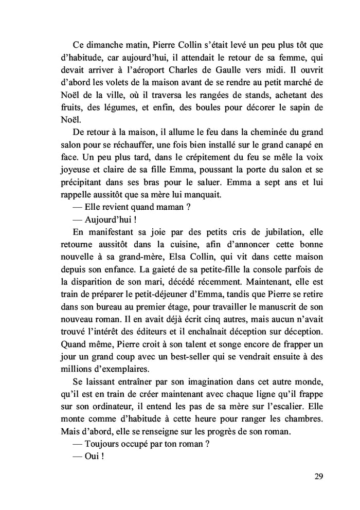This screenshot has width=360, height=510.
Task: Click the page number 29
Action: (x=318, y=476)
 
